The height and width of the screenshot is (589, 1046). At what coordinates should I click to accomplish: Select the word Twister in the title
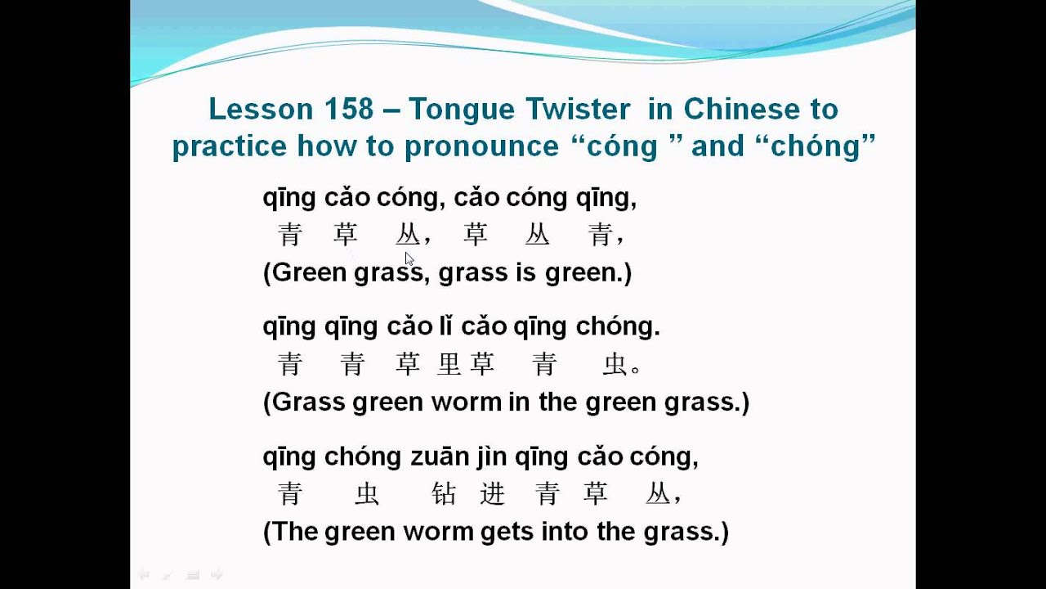[x=578, y=109]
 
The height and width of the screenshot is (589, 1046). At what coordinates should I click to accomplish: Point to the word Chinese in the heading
[x=742, y=109]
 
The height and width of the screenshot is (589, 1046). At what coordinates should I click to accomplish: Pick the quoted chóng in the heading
[x=816, y=146]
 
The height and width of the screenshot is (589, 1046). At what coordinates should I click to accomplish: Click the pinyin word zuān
[x=440, y=456]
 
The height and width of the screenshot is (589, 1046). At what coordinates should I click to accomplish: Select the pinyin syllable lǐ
[x=445, y=326]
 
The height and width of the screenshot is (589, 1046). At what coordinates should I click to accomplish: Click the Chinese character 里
[x=449, y=364]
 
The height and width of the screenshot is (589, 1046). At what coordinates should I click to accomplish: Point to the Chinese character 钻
[x=443, y=493]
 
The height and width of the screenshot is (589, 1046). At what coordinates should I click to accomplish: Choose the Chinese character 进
[x=493, y=493]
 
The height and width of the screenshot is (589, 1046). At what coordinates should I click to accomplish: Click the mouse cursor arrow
[x=409, y=259]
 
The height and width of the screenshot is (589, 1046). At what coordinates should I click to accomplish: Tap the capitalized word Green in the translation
[x=309, y=272]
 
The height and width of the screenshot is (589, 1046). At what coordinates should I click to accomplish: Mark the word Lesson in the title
[x=261, y=109]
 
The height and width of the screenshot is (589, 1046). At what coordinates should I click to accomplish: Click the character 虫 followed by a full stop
[x=614, y=364]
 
